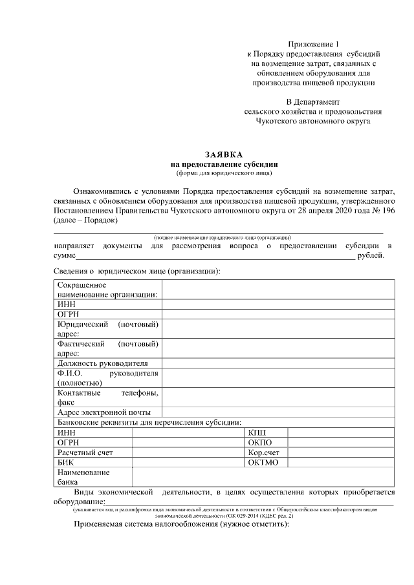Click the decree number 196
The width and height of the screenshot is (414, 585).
387,211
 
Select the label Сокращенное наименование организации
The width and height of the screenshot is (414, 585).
107,290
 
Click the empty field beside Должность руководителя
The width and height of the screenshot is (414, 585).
278,363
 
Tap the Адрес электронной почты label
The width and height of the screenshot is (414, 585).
104,412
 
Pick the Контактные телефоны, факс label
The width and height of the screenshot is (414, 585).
107,397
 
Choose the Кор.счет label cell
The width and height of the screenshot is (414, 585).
263,452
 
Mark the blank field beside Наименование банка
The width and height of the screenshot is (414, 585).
263,477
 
